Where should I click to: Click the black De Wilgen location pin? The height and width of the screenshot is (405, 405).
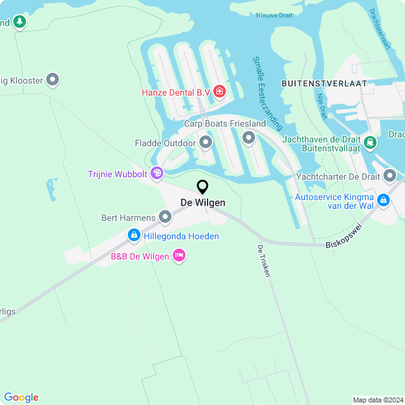[x=202, y=187]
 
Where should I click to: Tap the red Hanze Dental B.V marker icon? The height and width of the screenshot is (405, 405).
[x=220, y=92]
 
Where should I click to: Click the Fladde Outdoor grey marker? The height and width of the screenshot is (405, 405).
[x=206, y=143]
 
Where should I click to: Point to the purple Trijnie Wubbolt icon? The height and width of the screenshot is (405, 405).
[x=157, y=173]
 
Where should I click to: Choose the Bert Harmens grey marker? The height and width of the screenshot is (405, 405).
[x=165, y=218]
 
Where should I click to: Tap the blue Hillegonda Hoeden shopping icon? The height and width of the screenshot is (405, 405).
[x=134, y=236]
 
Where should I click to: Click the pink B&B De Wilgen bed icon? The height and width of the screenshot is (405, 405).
[x=179, y=256]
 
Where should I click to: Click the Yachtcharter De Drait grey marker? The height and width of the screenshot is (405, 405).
[x=390, y=175]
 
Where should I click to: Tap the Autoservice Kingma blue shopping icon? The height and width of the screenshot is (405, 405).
[x=383, y=201]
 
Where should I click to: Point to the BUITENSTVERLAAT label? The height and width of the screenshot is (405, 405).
[x=323, y=83]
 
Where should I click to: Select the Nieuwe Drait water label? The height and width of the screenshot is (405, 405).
[x=274, y=15]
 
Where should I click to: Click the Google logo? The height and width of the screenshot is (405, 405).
[x=21, y=397]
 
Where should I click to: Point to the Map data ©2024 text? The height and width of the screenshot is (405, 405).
[x=377, y=400]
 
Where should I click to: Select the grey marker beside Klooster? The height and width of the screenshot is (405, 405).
[x=53, y=80]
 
